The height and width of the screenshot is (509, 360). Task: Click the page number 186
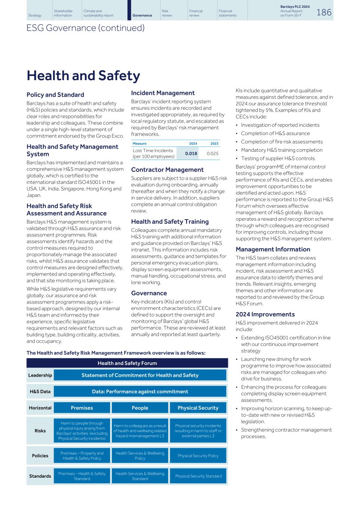323,12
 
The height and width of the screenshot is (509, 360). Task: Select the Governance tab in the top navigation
142,15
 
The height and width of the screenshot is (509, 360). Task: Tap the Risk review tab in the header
167,13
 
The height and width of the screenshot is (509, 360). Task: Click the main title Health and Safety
83,76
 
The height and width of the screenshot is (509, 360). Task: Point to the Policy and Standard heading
55,95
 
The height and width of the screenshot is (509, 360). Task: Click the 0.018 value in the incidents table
191,154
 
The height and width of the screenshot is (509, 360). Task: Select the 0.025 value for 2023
212,154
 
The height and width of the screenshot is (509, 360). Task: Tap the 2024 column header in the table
193,144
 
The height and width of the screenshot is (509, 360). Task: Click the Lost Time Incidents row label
153,154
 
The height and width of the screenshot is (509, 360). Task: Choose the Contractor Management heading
167,170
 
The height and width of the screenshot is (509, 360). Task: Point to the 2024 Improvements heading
265,314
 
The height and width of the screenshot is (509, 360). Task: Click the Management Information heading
273,249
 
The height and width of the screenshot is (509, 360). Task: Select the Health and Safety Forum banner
127,363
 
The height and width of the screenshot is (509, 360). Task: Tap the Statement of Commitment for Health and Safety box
140,375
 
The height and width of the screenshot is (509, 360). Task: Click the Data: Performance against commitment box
140,392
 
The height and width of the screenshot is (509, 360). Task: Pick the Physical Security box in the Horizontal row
198,408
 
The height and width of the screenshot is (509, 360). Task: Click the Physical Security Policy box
198,456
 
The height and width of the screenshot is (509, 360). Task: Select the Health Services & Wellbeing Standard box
140,476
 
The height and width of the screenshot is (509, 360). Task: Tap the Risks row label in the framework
40,431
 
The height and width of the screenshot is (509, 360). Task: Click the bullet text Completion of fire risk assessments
282,142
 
